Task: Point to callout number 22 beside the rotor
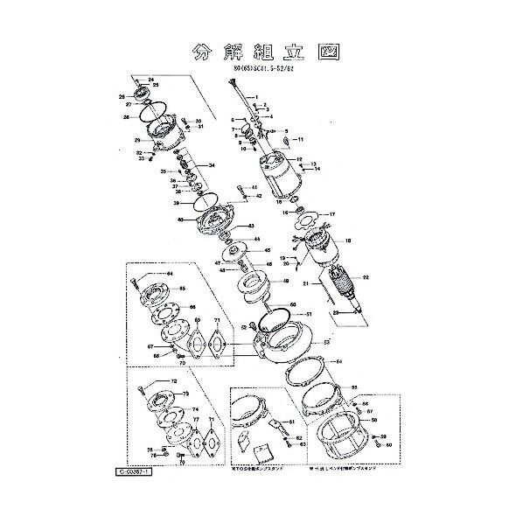(x=366, y=277)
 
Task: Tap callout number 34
(x=210, y=164)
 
